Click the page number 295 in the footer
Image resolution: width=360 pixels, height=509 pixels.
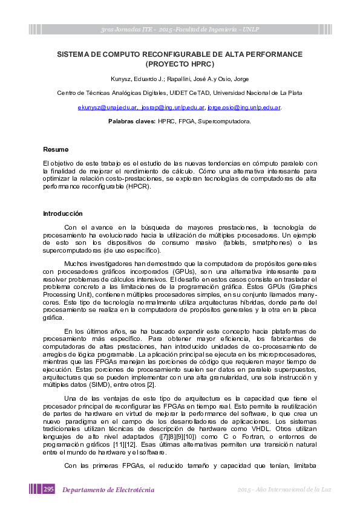click(x=49, y=489)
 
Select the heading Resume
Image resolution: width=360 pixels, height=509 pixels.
click(x=56, y=149)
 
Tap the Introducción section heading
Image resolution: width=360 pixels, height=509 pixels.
click(x=62, y=213)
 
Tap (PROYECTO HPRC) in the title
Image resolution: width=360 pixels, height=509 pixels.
click(x=180, y=63)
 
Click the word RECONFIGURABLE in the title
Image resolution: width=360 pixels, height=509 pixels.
click(x=160, y=54)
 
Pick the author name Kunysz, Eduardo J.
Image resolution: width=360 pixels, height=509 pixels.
click(x=135, y=79)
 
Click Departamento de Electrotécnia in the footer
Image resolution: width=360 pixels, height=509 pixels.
click(x=108, y=490)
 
